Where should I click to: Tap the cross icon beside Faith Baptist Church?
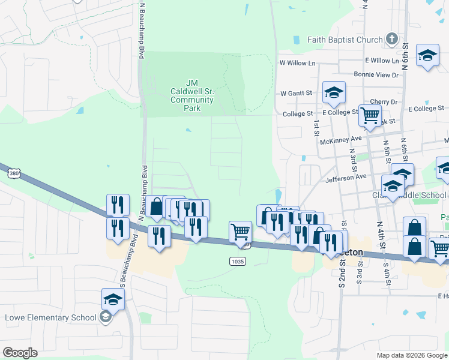click(391, 40)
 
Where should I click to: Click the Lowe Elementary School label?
click(50, 317)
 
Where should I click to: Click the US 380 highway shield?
click(13, 173)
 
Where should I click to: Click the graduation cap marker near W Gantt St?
click(334, 92)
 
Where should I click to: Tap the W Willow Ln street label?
click(297, 63)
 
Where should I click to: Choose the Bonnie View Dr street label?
click(376, 75)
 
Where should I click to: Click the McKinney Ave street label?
click(341, 139)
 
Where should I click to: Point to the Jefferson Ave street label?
click(345, 178)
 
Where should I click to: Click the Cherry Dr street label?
click(384, 102)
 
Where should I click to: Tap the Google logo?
click(19, 353)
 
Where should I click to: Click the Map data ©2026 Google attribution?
click(411, 355)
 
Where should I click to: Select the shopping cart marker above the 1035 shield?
click(240, 231)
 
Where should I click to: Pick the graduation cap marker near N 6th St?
click(427, 56)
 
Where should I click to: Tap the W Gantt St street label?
click(297, 94)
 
